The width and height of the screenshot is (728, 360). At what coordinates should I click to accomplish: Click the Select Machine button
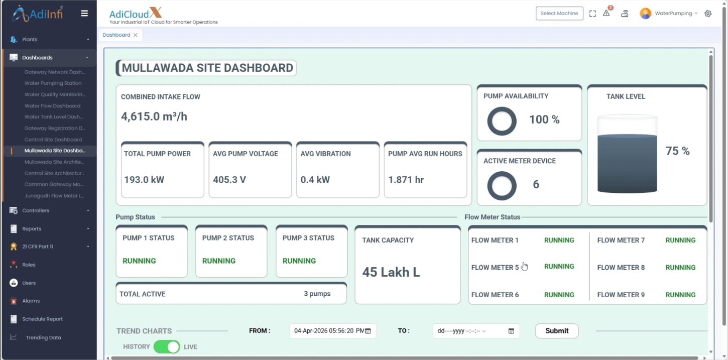(559, 14)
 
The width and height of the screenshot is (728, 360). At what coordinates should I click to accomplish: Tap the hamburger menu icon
(84, 14)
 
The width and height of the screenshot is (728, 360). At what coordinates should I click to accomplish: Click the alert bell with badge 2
(606, 13)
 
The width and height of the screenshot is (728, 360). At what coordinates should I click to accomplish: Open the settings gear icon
(708, 14)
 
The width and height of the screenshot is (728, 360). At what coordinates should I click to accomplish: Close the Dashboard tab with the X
(136, 35)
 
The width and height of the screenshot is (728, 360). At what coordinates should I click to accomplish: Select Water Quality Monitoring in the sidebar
(55, 94)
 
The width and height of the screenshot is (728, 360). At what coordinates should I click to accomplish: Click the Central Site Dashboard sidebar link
(53, 140)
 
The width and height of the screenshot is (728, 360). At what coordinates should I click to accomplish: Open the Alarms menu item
(31, 301)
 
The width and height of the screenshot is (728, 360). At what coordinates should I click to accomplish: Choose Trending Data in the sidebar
(44, 337)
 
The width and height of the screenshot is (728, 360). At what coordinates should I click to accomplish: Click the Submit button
(557, 331)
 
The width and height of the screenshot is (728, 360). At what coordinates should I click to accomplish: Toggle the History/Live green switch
(167, 346)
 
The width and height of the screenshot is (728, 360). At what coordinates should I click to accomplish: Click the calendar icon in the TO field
(511, 331)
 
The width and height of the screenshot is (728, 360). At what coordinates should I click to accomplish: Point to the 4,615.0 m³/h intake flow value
(154, 116)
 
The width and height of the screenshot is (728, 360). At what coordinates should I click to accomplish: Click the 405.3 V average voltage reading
(229, 180)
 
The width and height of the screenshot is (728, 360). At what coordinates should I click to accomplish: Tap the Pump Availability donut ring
(502, 107)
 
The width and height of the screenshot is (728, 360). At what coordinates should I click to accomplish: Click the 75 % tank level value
(677, 151)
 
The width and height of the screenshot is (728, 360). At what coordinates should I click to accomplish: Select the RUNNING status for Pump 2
(219, 261)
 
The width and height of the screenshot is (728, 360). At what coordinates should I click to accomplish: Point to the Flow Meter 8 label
(621, 268)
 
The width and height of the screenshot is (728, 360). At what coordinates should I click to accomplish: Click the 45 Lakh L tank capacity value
(391, 272)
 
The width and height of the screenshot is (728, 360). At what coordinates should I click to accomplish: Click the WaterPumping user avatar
(645, 14)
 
